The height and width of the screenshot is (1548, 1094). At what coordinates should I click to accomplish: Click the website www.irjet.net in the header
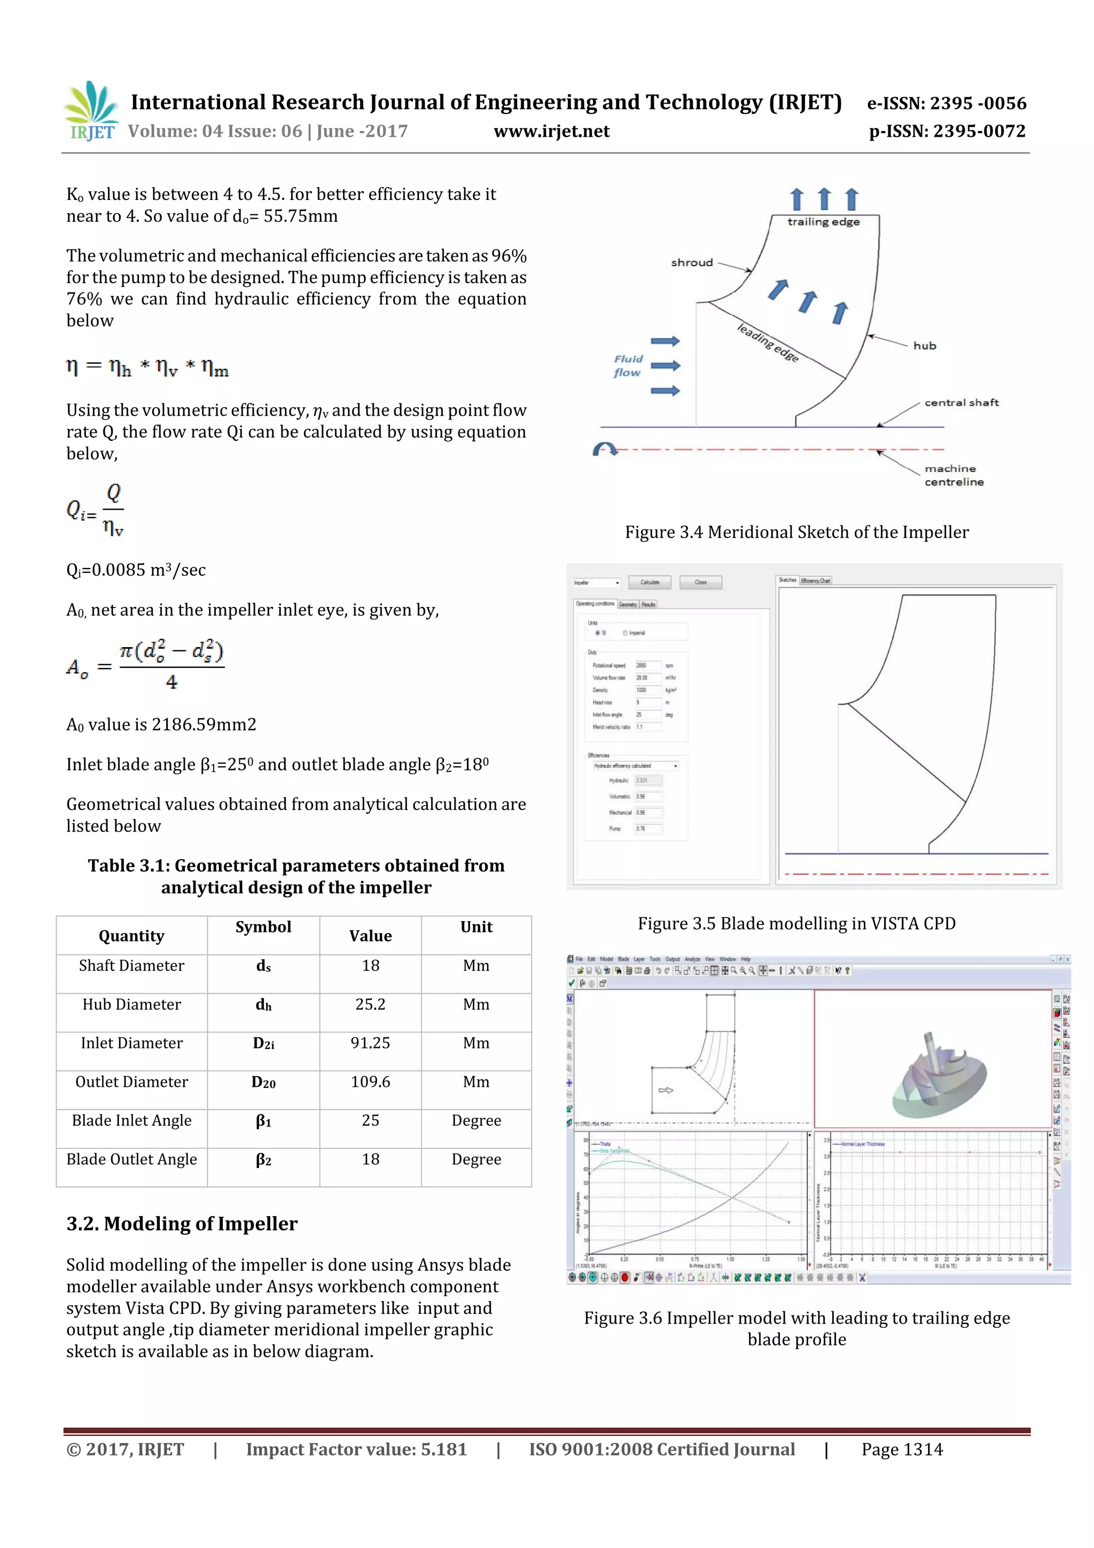551,131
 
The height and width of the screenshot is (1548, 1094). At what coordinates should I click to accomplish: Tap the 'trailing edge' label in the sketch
823,222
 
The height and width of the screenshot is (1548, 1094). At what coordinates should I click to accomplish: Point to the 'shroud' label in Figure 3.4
692,263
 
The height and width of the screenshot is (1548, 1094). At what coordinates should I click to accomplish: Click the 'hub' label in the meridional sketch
924,346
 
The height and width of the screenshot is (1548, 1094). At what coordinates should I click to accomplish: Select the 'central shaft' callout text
960,402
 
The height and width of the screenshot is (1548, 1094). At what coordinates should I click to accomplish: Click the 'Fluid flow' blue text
628,365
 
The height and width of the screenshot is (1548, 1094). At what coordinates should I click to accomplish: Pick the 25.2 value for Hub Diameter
370,1004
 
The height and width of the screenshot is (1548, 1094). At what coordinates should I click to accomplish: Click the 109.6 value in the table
370,1082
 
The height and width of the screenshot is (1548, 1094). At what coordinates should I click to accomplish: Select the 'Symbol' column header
263,927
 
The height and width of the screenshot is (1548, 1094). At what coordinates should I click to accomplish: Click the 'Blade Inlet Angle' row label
131,1120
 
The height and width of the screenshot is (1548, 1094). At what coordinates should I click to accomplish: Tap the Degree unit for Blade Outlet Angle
476,1159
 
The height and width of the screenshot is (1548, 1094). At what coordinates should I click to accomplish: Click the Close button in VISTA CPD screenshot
700,582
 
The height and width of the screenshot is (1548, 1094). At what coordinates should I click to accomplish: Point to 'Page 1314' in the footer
901,1449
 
